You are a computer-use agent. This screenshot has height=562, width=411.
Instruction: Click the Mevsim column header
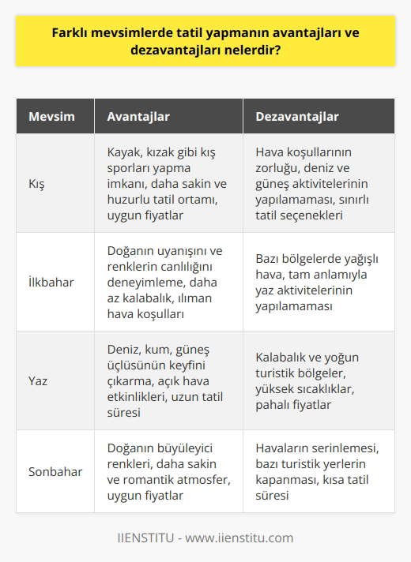(x=52, y=117)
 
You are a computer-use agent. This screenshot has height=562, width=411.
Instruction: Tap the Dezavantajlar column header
(x=297, y=117)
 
